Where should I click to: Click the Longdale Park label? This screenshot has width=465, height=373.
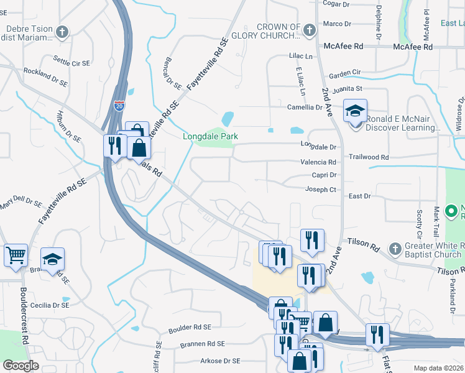(x=210, y=136)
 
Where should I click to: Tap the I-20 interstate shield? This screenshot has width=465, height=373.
(x=119, y=107)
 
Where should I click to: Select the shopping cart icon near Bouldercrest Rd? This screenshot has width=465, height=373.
(x=16, y=255)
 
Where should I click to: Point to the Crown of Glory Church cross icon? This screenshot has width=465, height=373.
(x=308, y=29)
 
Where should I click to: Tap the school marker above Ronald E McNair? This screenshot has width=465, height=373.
(x=355, y=111)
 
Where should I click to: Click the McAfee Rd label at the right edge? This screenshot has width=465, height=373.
(x=412, y=47)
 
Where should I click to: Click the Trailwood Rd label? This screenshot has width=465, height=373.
(x=369, y=158)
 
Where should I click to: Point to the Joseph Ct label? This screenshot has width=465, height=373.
(x=320, y=190)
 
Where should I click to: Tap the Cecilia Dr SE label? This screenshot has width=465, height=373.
(x=50, y=305)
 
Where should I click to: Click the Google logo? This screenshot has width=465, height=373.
(x=21, y=366)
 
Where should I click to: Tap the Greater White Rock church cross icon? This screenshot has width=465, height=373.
(x=393, y=249)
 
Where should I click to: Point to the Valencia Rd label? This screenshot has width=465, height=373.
(x=318, y=162)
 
